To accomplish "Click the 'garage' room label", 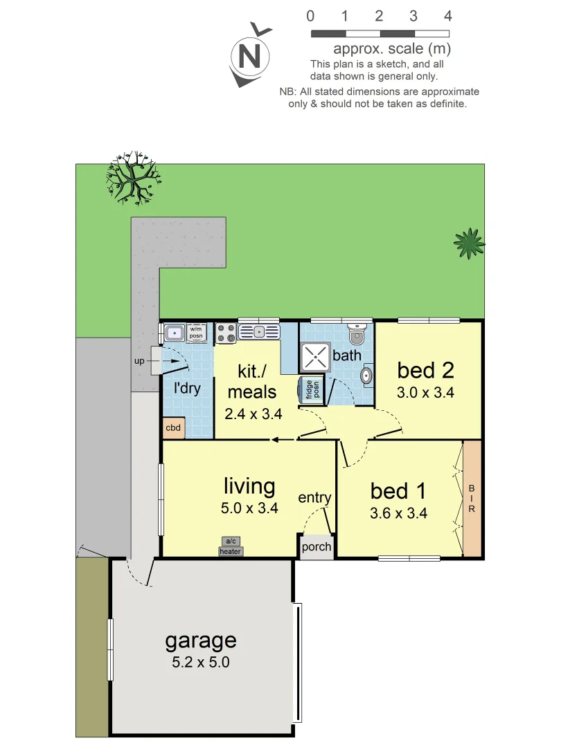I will tap(200, 640).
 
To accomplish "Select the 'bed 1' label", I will tap(398, 491).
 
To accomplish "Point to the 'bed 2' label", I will tap(425, 370).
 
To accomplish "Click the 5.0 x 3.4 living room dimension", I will tap(250, 508).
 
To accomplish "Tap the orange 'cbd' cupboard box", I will tap(173, 428).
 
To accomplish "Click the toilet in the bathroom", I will tap(357, 335).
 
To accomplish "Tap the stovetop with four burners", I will tap(226, 333).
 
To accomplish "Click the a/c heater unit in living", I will tap(230, 546).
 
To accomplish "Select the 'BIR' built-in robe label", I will tap(472, 498).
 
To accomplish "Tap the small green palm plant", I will tap(469, 242).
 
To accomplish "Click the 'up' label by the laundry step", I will tap(139, 360).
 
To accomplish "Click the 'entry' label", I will tap(314, 498).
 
